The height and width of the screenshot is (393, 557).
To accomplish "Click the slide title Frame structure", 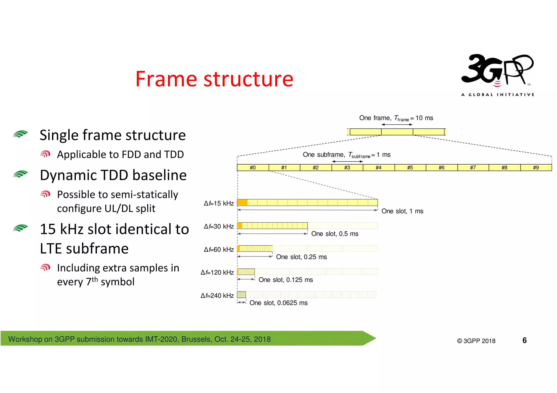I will (x=214, y=79).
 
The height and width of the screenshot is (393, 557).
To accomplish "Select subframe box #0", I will (x=253, y=168).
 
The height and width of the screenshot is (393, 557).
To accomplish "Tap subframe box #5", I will (x=410, y=168).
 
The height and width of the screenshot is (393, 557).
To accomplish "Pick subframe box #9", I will (x=536, y=168).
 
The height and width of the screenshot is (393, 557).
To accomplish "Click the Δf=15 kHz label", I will (x=219, y=203).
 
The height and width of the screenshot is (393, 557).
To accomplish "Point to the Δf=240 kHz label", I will (x=217, y=295).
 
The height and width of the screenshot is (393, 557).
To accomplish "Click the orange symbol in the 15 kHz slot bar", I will (x=242, y=202).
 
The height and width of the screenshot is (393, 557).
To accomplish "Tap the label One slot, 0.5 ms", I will (x=335, y=234).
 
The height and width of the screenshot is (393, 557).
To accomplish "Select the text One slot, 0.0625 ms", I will (x=278, y=303).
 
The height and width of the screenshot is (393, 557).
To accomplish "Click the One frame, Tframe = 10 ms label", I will (x=396, y=118).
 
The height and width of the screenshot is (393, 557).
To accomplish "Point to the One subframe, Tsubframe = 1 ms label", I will (x=346, y=155).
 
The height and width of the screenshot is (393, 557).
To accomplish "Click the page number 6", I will (x=524, y=340).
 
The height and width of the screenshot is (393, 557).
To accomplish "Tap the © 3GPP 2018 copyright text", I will (x=476, y=341).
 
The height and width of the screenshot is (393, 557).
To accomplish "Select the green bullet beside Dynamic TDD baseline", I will (x=20, y=174).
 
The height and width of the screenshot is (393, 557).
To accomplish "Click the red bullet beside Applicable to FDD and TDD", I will (x=45, y=154).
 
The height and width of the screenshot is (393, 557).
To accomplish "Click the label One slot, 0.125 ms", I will (x=286, y=280).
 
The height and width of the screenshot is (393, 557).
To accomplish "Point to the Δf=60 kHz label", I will (x=219, y=250).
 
